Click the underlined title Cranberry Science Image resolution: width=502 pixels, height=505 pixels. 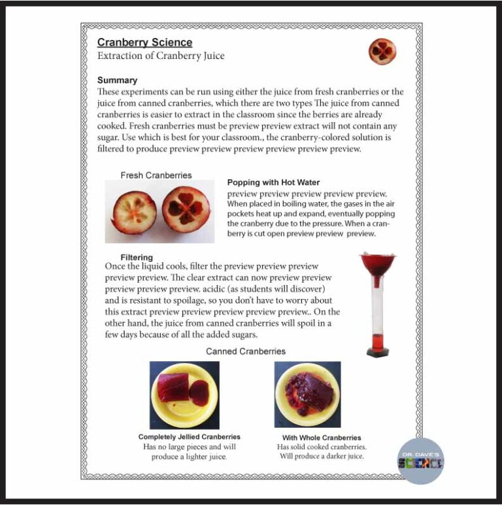pos(144,43)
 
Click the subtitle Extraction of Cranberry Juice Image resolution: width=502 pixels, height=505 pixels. pos(161,56)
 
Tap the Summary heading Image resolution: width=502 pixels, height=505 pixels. pos(117,80)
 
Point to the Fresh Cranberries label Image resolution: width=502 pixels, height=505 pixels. pos(156,175)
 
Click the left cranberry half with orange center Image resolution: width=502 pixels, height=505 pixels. pos(134,212)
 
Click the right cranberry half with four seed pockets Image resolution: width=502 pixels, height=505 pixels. pos(186,209)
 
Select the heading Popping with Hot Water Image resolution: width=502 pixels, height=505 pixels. pos(273,183)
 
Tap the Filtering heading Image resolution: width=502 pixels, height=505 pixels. pos(136,257)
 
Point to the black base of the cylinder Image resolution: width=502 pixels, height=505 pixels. pos(378,352)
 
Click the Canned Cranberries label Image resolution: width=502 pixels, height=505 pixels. pos(246,351)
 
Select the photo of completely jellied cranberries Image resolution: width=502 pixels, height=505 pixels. pos(184,394)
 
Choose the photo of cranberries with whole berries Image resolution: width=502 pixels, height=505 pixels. pos(307,394)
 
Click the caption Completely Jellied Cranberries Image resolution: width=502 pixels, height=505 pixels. pos(189,436)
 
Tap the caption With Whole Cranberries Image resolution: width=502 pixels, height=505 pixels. pos(321,438)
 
